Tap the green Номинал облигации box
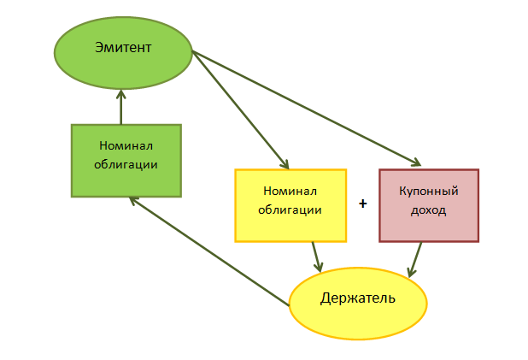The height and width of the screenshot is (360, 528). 126,161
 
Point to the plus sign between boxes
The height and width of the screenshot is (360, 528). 363,204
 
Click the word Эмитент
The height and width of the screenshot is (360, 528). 123,47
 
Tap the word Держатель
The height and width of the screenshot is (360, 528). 358,298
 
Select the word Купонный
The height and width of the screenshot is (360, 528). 429,193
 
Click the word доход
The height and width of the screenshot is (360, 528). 429,210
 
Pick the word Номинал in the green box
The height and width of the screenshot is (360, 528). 126,146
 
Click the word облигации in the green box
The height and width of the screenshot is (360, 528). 126,162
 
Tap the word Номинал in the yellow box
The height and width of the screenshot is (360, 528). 290,192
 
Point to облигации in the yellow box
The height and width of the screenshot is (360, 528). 290,209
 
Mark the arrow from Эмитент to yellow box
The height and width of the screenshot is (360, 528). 241,109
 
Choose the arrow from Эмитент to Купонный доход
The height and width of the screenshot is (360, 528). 308,109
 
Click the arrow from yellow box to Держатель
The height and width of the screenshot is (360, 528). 316,255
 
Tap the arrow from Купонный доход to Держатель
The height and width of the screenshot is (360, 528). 416,259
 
